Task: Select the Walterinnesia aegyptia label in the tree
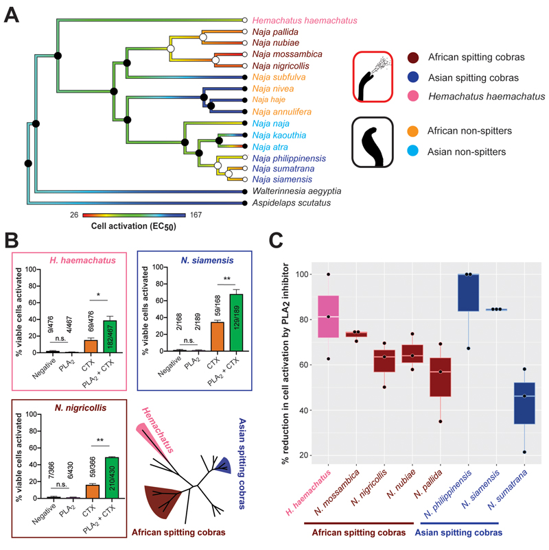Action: pos(296,191)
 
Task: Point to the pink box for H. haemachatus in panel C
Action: pos(329,315)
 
